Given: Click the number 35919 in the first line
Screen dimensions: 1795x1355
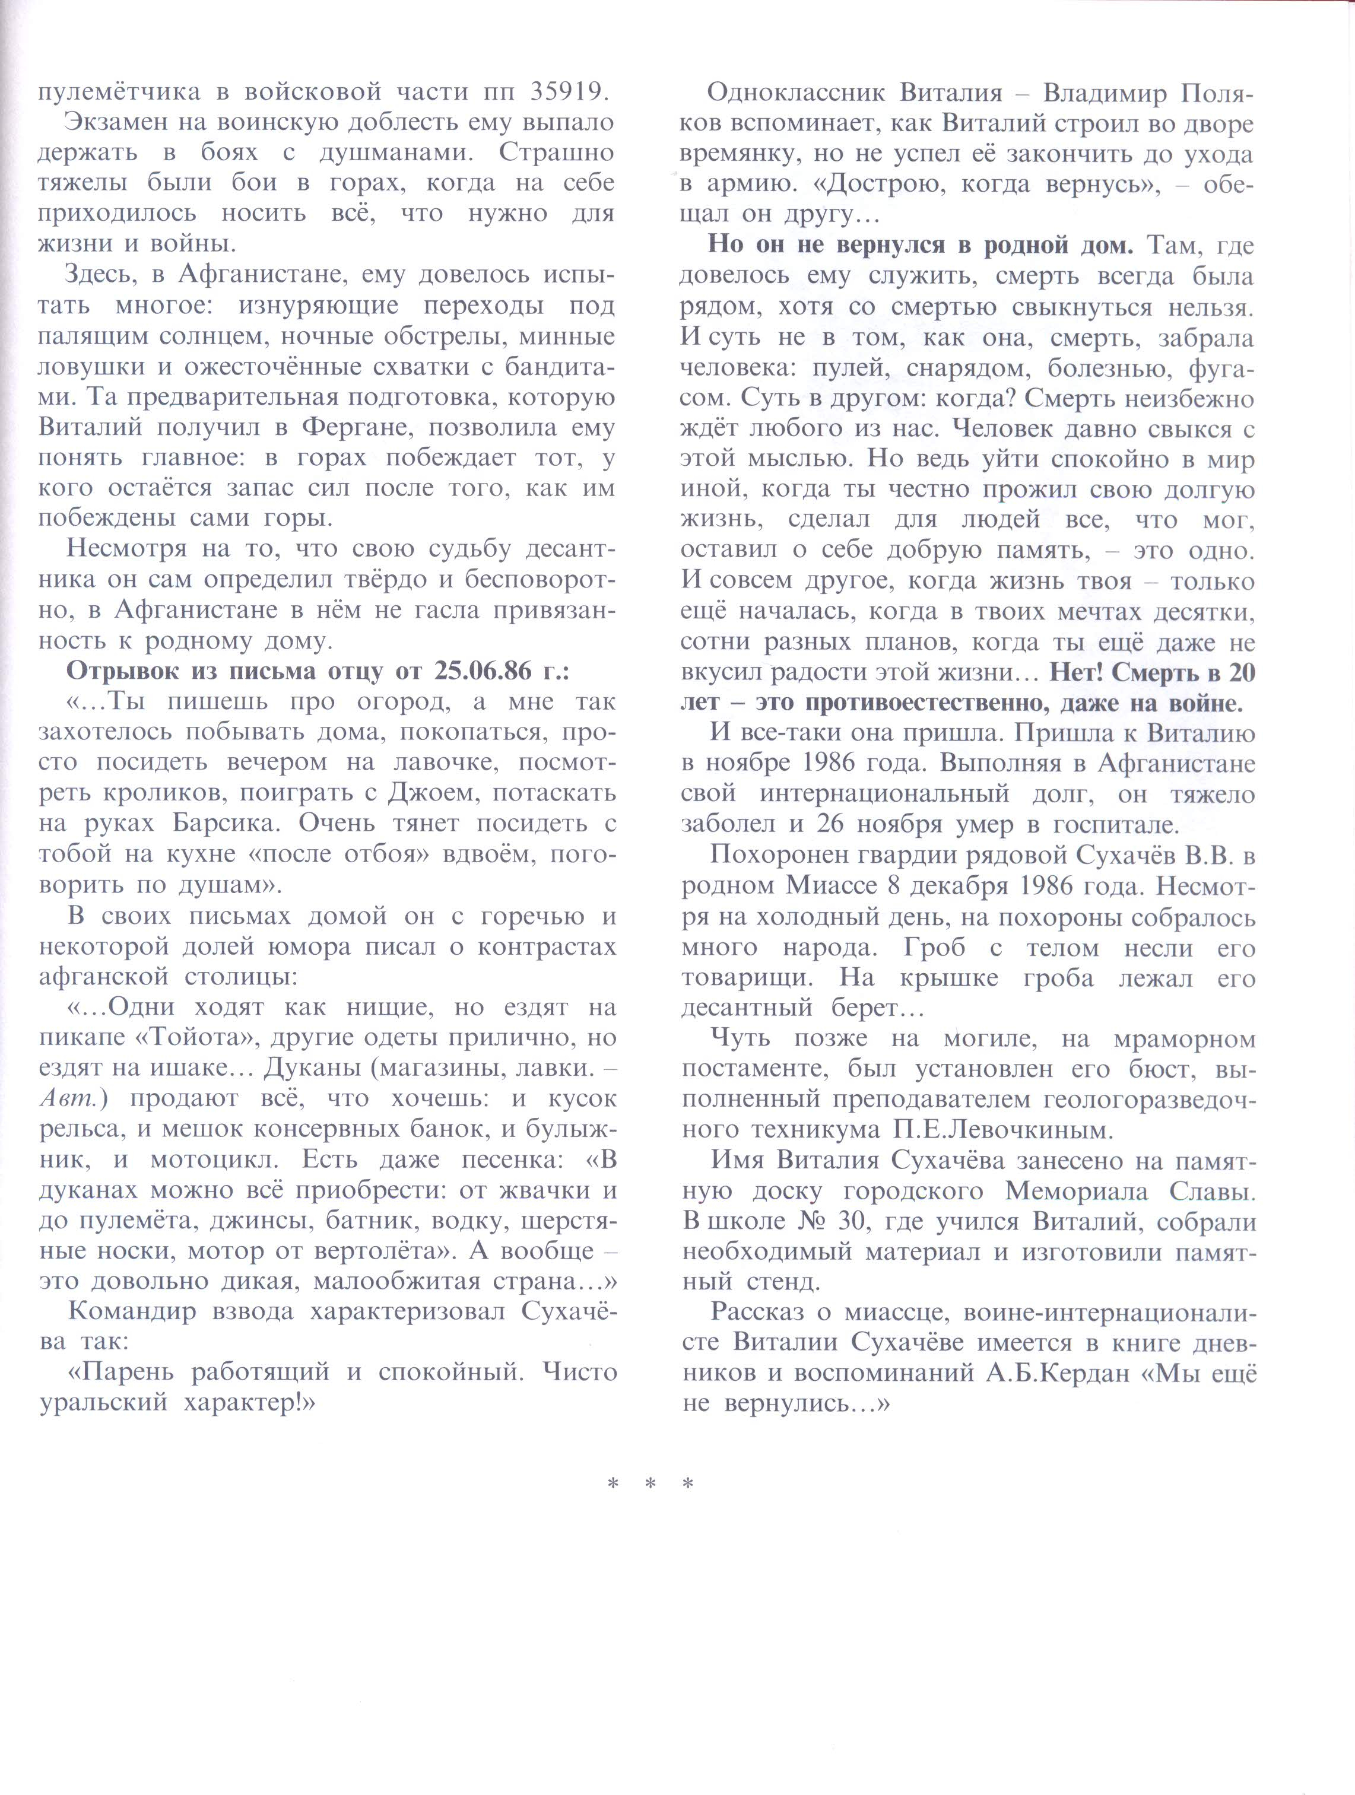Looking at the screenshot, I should [567, 92].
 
